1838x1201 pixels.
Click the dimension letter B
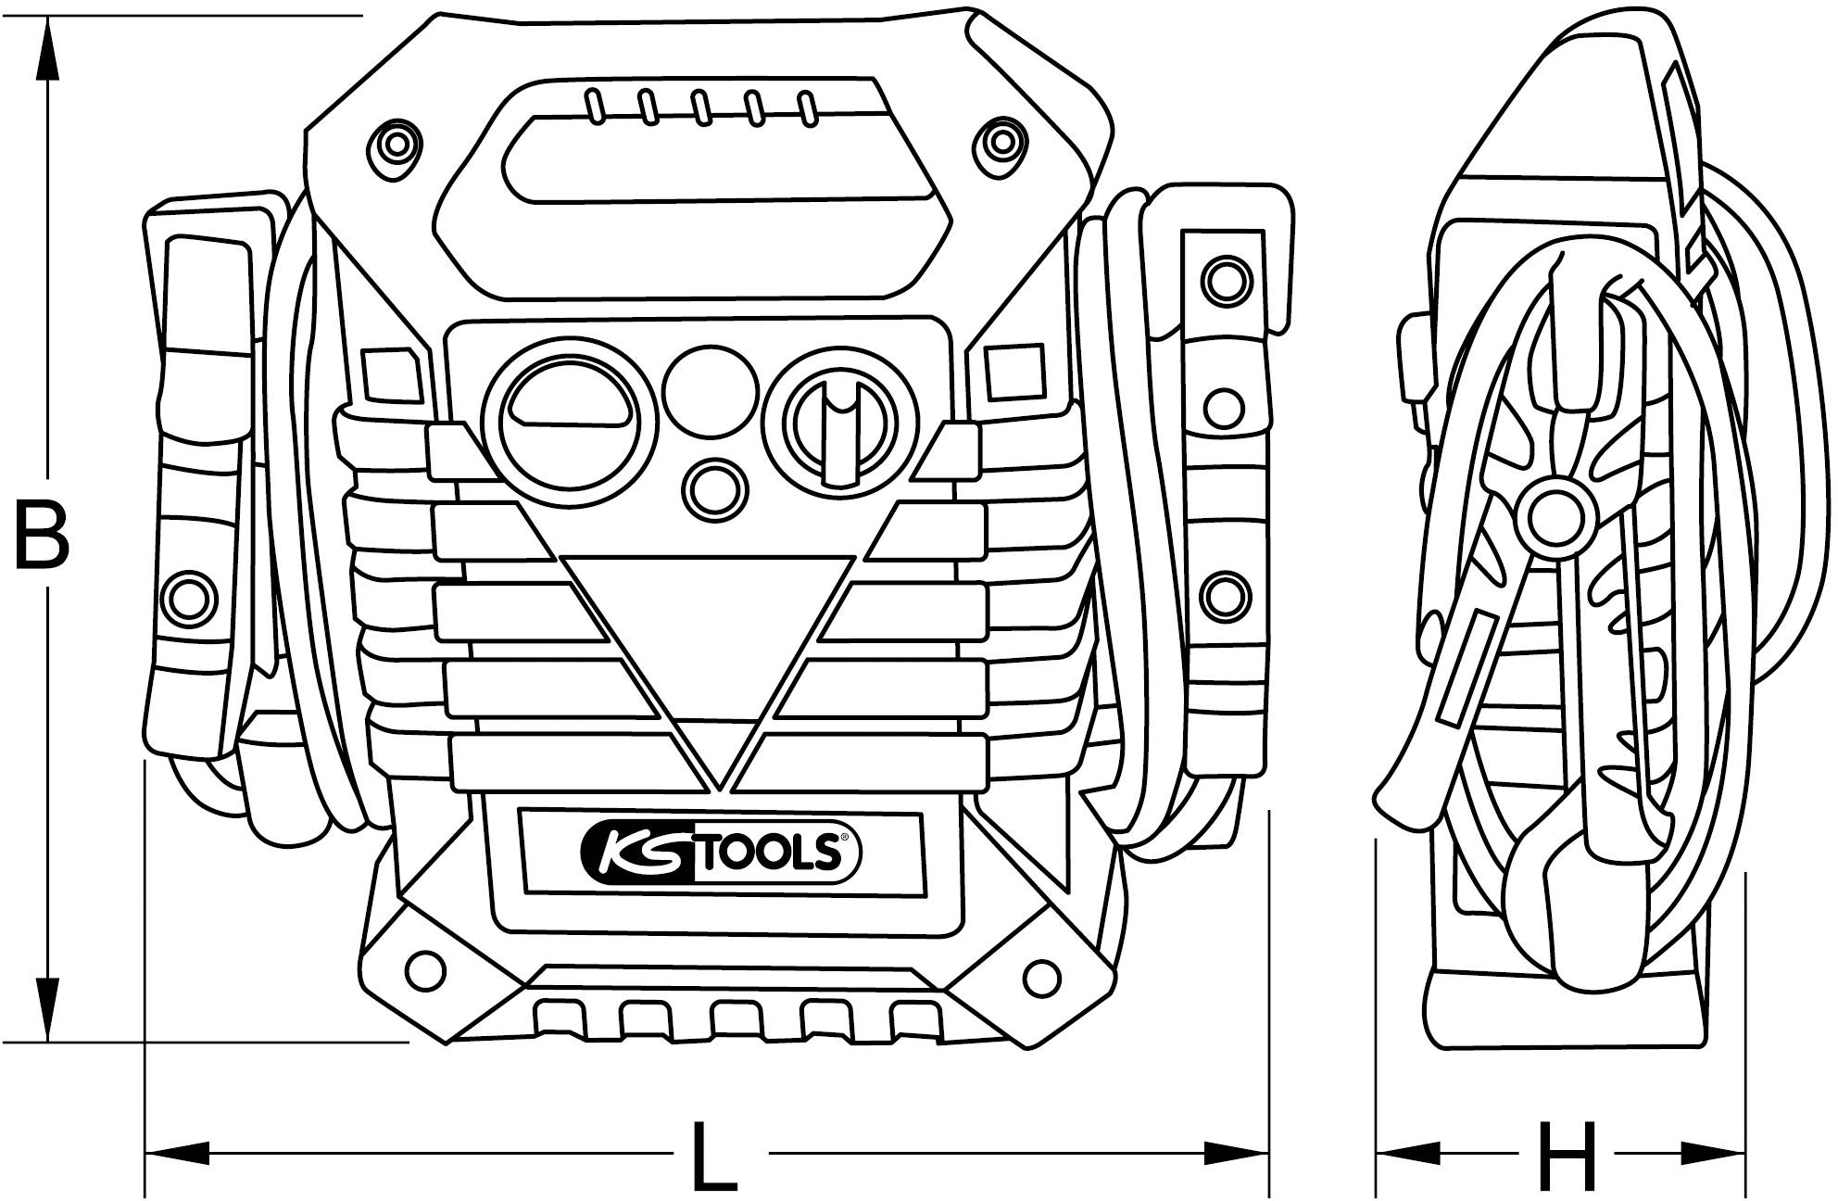tap(43, 536)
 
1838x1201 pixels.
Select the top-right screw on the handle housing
tap(1001, 143)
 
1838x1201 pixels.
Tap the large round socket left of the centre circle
tap(566, 422)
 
